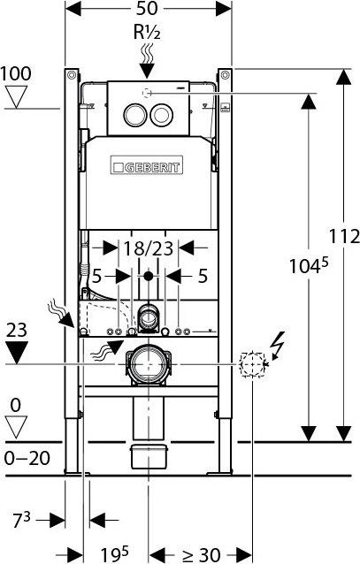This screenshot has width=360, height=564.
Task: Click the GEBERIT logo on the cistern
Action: click(x=147, y=165)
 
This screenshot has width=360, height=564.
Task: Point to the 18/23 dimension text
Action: click(x=148, y=250)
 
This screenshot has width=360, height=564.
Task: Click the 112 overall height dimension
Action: click(x=345, y=237)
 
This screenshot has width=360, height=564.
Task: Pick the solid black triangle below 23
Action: click(x=16, y=354)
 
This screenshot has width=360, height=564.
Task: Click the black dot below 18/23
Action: click(x=148, y=277)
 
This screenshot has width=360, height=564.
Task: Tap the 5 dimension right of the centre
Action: click(x=203, y=277)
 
